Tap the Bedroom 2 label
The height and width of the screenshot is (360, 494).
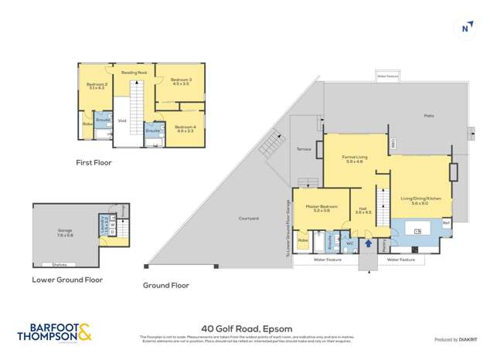[x=96, y=87]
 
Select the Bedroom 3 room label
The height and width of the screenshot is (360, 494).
[x=180, y=82]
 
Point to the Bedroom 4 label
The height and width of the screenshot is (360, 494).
[x=186, y=128]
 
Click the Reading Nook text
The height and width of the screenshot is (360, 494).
[x=133, y=72]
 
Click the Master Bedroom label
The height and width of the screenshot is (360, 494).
[x=319, y=207]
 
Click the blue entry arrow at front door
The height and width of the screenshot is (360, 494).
[x=367, y=244]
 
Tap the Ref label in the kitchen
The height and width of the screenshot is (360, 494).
[x=445, y=223]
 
